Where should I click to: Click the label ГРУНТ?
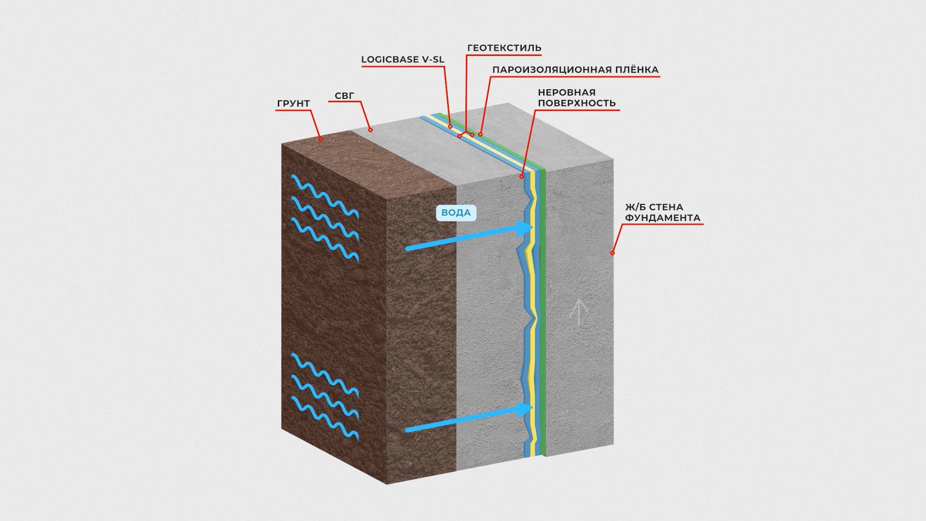(293, 104)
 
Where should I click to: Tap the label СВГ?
(344, 96)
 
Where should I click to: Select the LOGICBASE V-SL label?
(403, 60)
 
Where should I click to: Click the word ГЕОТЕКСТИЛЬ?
(504, 48)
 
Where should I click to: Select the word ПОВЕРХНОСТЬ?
(577, 103)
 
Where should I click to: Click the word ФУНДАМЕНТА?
(663, 218)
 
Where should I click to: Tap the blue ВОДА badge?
(456, 213)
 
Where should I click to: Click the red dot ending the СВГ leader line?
(370, 129)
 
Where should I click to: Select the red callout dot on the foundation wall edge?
(613, 253)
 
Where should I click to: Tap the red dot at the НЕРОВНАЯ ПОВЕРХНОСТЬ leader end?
(521, 177)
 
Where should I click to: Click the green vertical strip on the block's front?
(543, 314)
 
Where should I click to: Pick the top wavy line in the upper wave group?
(325, 195)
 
